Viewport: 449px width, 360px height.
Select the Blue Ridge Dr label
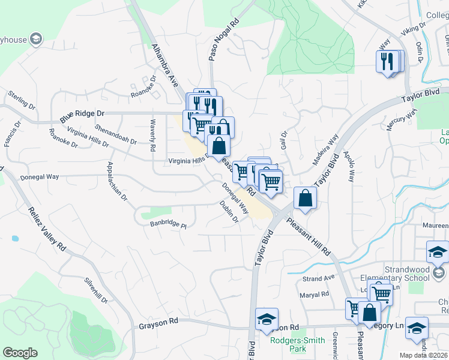(x=82, y=113)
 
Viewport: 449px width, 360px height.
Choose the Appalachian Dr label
(x=117, y=181)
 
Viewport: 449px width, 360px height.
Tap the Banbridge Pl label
(x=169, y=226)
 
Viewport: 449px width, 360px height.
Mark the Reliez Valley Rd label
(x=46, y=229)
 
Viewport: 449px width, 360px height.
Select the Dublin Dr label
(x=229, y=211)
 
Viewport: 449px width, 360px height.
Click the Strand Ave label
(x=318, y=279)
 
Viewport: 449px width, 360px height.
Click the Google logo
(x=20, y=352)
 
